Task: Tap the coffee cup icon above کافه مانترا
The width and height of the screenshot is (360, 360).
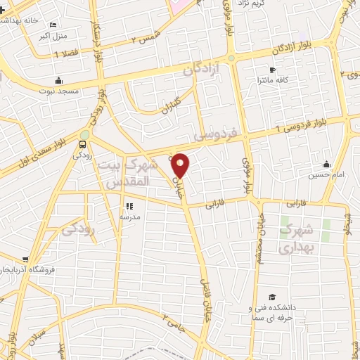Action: click(x=272, y=70)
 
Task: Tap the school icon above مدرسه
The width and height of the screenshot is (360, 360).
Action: click(x=129, y=206)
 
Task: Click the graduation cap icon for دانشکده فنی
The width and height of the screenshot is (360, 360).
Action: click(x=271, y=297)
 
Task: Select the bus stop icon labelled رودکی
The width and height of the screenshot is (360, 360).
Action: click(x=84, y=146)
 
